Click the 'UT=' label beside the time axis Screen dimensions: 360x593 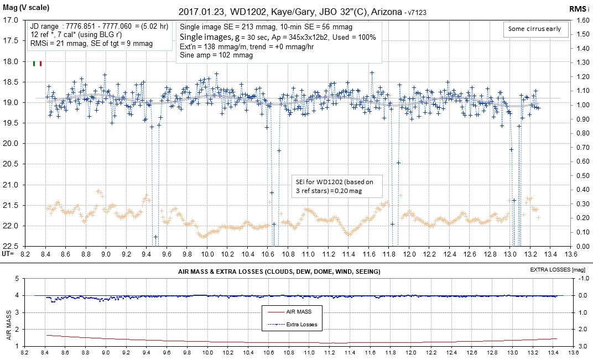(x=8, y=253)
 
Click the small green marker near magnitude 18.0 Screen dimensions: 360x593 (x=35, y=64)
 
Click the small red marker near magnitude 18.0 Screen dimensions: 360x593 (x=40, y=64)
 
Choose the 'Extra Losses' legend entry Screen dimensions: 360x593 (x=301, y=324)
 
